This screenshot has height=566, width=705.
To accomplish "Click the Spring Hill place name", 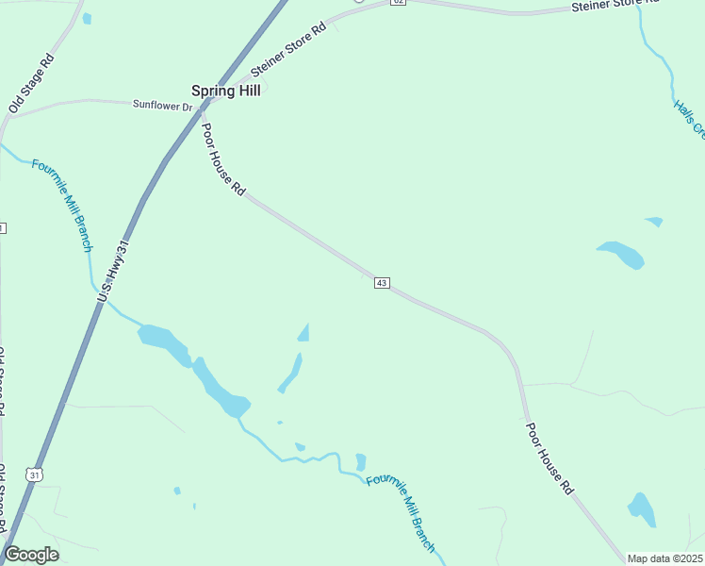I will [225, 91].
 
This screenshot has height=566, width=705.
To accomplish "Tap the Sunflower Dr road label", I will [161, 105].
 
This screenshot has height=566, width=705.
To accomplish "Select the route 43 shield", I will [382, 283].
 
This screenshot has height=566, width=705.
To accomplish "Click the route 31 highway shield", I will [35, 474].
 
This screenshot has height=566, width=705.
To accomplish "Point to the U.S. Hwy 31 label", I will [113, 271].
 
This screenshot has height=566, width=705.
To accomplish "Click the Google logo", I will [31, 555].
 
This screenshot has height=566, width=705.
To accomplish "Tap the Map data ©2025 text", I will [664, 558].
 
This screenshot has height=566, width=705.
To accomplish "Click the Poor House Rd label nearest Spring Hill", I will [223, 159].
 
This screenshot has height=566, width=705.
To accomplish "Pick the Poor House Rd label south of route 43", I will [549, 458].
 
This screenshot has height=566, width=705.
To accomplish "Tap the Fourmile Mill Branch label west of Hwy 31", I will [62, 205].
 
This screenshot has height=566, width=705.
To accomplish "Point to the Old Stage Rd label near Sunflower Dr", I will [31, 84].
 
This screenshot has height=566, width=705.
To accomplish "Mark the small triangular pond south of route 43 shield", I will [303, 332].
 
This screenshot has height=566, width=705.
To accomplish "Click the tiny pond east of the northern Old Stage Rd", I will [87, 18].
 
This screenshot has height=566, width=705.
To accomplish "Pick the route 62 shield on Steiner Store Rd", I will [398, 2].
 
